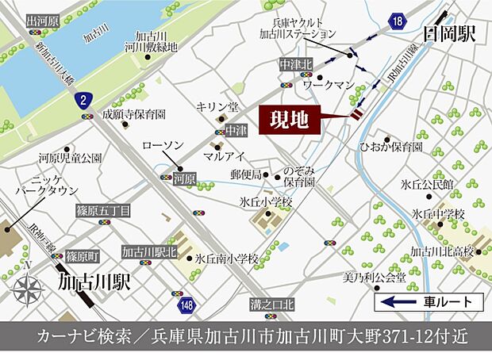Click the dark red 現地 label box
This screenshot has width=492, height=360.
tap(290, 121)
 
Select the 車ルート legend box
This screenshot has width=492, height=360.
tap(430, 301)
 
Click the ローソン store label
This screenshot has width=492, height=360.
tap(163, 146)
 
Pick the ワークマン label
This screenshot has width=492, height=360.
tap(327, 82)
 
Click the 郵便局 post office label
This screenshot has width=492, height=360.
tap(245, 174)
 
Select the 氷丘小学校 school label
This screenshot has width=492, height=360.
tap(267, 202)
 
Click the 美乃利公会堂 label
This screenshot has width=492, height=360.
tap(374, 278)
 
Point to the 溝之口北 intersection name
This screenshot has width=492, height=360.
tap(272, 304)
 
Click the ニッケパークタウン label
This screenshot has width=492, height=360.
tap(48, 186)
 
